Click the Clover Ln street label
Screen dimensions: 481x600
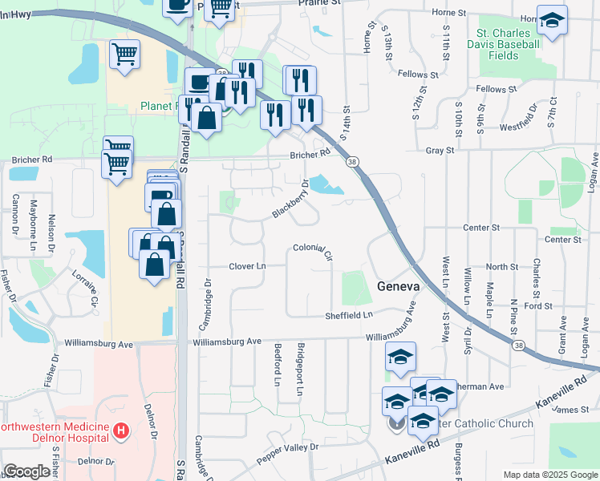click(247, 266)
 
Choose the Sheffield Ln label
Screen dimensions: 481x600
click(350, 316)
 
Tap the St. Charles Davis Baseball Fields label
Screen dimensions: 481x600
click(509, 44)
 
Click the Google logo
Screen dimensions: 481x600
click(26, 471)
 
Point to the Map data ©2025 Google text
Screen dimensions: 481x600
click(550, 475)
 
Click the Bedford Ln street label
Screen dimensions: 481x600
click(278, 365)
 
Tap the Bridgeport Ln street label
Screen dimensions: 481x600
click(300, 370)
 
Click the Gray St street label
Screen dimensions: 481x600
click(440, 150)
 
